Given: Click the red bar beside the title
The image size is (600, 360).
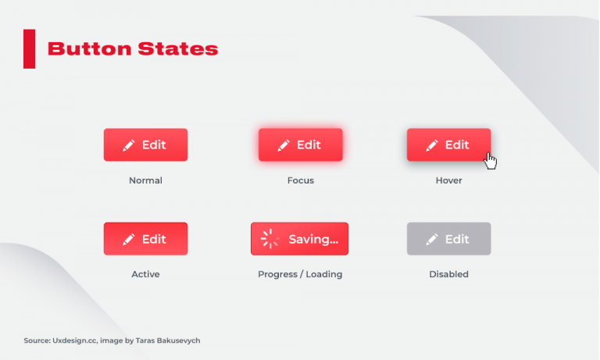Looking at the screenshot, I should (x=30, y=48).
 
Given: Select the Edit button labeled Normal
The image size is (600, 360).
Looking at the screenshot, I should (x=145, y=145).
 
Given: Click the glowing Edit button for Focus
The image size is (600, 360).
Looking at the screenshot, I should (x=301, y=145).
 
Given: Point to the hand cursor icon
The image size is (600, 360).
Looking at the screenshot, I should (x=491, y=160).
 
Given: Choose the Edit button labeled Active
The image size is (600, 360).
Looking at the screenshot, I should (x=145, y=239).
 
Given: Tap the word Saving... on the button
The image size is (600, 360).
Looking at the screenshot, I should (x=313, y=239).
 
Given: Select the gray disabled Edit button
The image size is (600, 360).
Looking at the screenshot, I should (x=449, y=239).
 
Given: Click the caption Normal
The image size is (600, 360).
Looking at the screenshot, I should (x=145, y=180).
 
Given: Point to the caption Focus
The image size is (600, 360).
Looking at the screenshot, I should (x=301, y=180).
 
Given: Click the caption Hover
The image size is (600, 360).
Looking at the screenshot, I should (x=449, y=180).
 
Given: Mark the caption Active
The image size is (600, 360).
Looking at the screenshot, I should (x=145, y=274).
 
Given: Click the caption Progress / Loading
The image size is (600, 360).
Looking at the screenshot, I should (x=300, y=274).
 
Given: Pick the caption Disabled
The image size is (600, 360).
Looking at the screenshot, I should (x=449, y=274).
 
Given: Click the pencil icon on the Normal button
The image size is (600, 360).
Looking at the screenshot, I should (x=128, y=145).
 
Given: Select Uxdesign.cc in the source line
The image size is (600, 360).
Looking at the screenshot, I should (x=76, y=340).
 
